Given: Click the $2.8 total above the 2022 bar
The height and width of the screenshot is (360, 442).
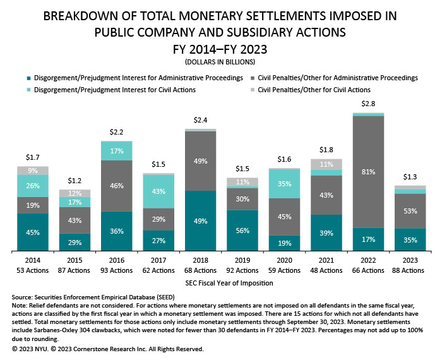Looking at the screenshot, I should pos(368,103).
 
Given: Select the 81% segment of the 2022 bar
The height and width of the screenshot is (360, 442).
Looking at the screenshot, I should pos(368,171).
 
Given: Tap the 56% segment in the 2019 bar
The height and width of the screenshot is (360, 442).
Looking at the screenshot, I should pos(242,231).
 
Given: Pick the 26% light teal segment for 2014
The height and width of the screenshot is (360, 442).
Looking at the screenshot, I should pos(33,185).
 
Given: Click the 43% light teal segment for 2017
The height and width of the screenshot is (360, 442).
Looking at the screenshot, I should pos(158,191).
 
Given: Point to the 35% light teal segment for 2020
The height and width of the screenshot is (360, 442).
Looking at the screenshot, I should pos(284,184).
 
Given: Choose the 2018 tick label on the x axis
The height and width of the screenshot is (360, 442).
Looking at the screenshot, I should pos(201,260).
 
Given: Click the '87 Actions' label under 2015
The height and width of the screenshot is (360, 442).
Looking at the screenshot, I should pos(75,270).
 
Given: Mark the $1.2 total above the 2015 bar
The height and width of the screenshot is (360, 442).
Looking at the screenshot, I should pos(75,181).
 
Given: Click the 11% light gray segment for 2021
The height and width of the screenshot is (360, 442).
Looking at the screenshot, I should pos(326,164).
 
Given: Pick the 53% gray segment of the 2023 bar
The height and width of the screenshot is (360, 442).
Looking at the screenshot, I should pos(410,210).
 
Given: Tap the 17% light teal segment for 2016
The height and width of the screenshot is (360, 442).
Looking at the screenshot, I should pos(117,151).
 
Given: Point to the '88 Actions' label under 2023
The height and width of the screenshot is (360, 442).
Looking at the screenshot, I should pos(410,270).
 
